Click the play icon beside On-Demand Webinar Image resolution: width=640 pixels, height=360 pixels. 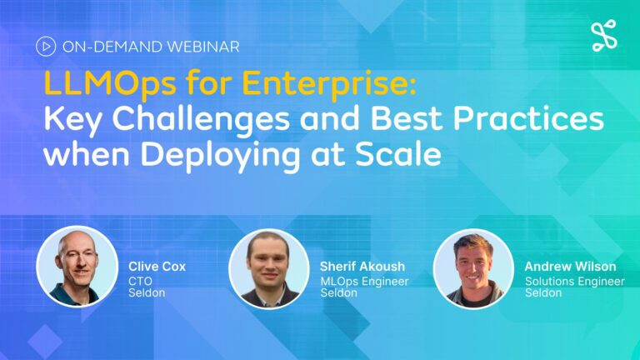pyautogui.click(x=46, y=47)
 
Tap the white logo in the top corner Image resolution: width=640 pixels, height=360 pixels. pyautogui.click(x=604, y=36)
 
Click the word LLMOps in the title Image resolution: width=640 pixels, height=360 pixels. pyautogui.click(x=110, y=84)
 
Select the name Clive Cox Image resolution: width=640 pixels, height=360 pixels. pyautogui.click(x=157, y=267)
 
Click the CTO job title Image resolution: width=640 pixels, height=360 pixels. pyautogui.click(x=140, y=281)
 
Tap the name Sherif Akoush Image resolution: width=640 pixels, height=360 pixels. pyautogui.click(x=362, y=267)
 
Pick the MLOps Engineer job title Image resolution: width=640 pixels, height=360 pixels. pyautogui.click(x=364, y=282)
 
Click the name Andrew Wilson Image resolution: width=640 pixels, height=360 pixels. pyautogui.click(x=570, y=267)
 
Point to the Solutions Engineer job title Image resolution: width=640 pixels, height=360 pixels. pyautogui.click(x=575, y=282)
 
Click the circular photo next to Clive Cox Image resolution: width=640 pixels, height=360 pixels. pyautogui.click(x=77, y=267)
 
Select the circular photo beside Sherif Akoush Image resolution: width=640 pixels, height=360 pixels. pyautogui.click(x=269, y=268)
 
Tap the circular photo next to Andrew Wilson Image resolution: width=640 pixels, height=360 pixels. pyautogui.click(x=473, y=268)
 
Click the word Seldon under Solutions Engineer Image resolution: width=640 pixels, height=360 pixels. pyautogui.click(x=543, y=293)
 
